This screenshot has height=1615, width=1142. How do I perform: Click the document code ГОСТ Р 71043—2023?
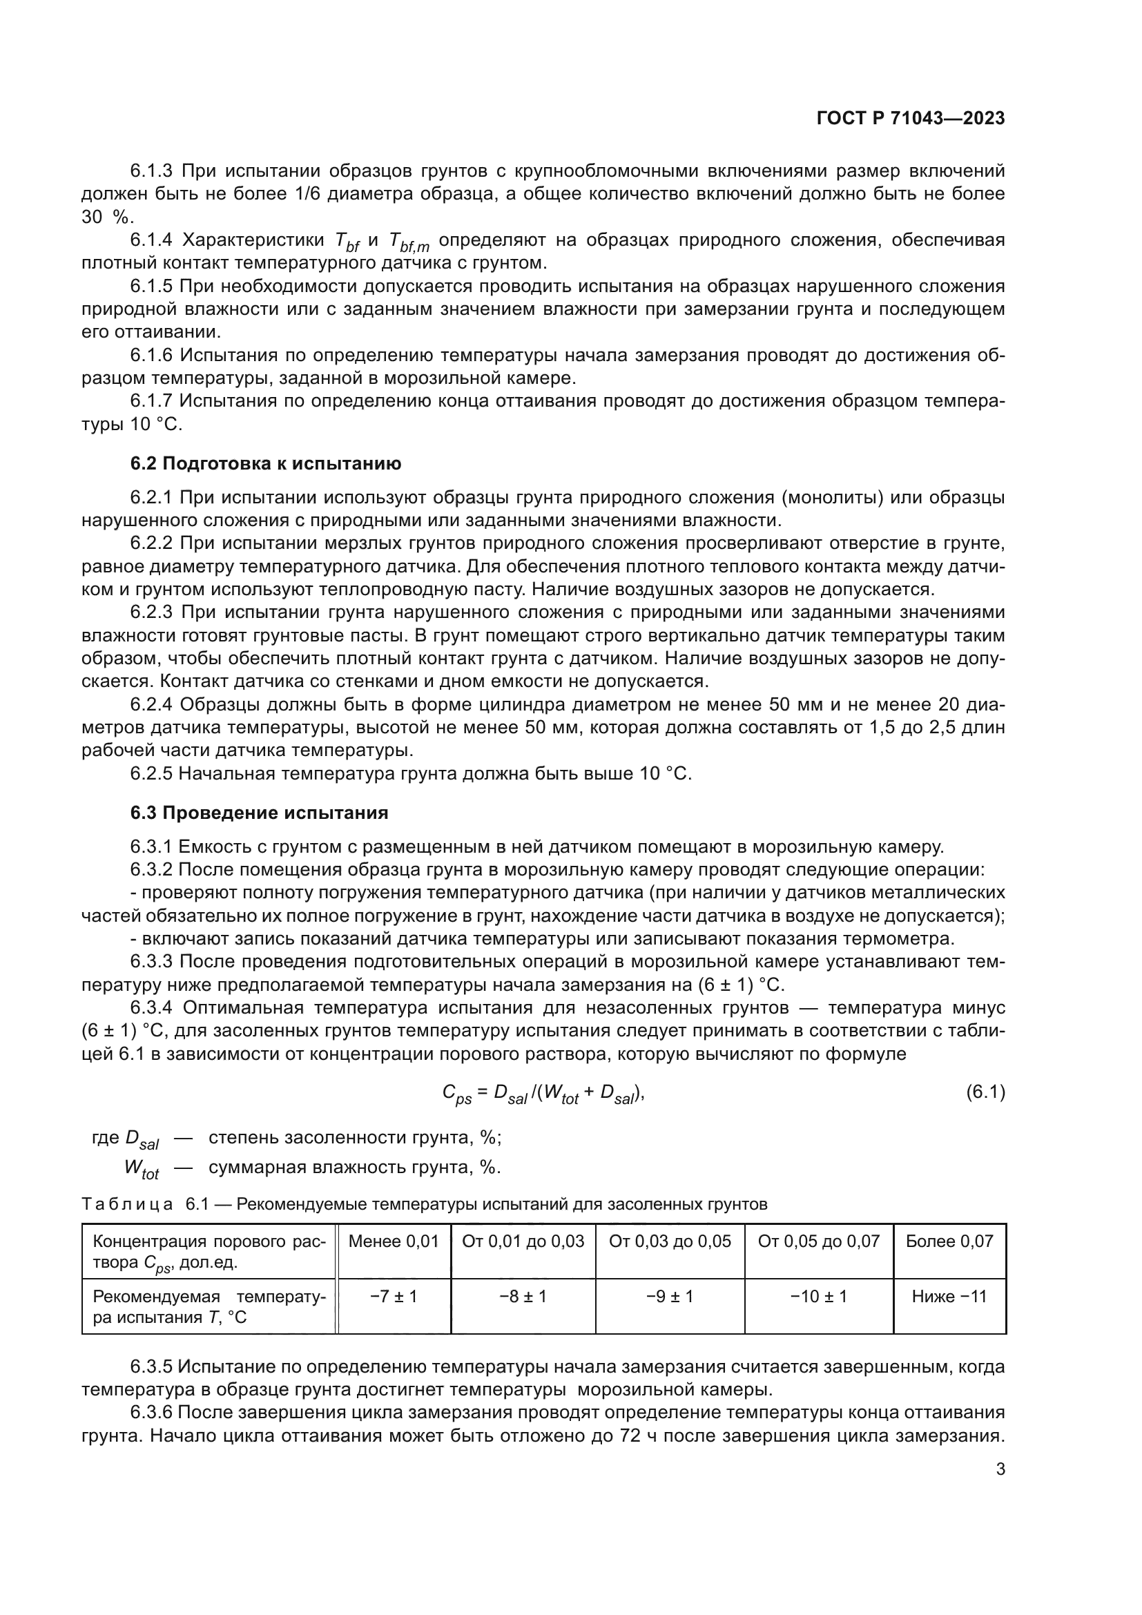point(910,118)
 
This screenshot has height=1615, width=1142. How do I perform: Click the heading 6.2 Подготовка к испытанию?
point(266,463)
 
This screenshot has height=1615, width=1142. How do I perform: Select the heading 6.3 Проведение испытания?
point(259,813)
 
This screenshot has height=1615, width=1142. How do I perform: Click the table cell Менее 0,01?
point(393,1241)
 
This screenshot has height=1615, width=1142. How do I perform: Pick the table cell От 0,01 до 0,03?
point(523,1241)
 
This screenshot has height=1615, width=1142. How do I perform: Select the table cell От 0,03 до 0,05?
point(670,1241)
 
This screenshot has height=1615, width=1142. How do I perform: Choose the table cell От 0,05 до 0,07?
point(819,1241)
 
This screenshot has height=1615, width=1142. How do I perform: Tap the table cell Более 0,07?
point(949,1241)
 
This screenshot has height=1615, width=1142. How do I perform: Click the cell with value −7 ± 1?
point(393,1297)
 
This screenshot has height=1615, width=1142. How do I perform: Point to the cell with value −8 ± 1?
point(523,1297)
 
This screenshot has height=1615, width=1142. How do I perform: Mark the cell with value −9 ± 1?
point(670,1297)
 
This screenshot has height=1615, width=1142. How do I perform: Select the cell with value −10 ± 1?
point(819,1297)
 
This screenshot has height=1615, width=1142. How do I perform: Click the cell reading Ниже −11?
point(949,1297)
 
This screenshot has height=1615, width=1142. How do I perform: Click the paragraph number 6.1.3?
point(151,171)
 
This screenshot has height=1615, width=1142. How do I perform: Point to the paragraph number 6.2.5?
point(151,774)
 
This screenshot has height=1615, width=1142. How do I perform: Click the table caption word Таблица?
point(126,1204)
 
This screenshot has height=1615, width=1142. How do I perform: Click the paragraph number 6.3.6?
point(151,1413)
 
